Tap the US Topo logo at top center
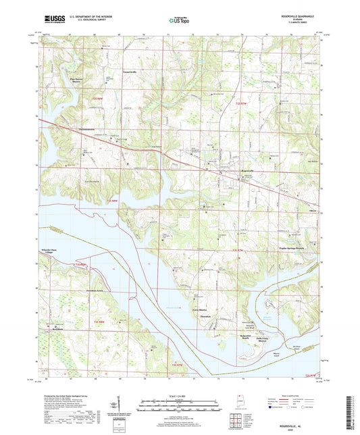point(179,21)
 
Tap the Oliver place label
point(294,211)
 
